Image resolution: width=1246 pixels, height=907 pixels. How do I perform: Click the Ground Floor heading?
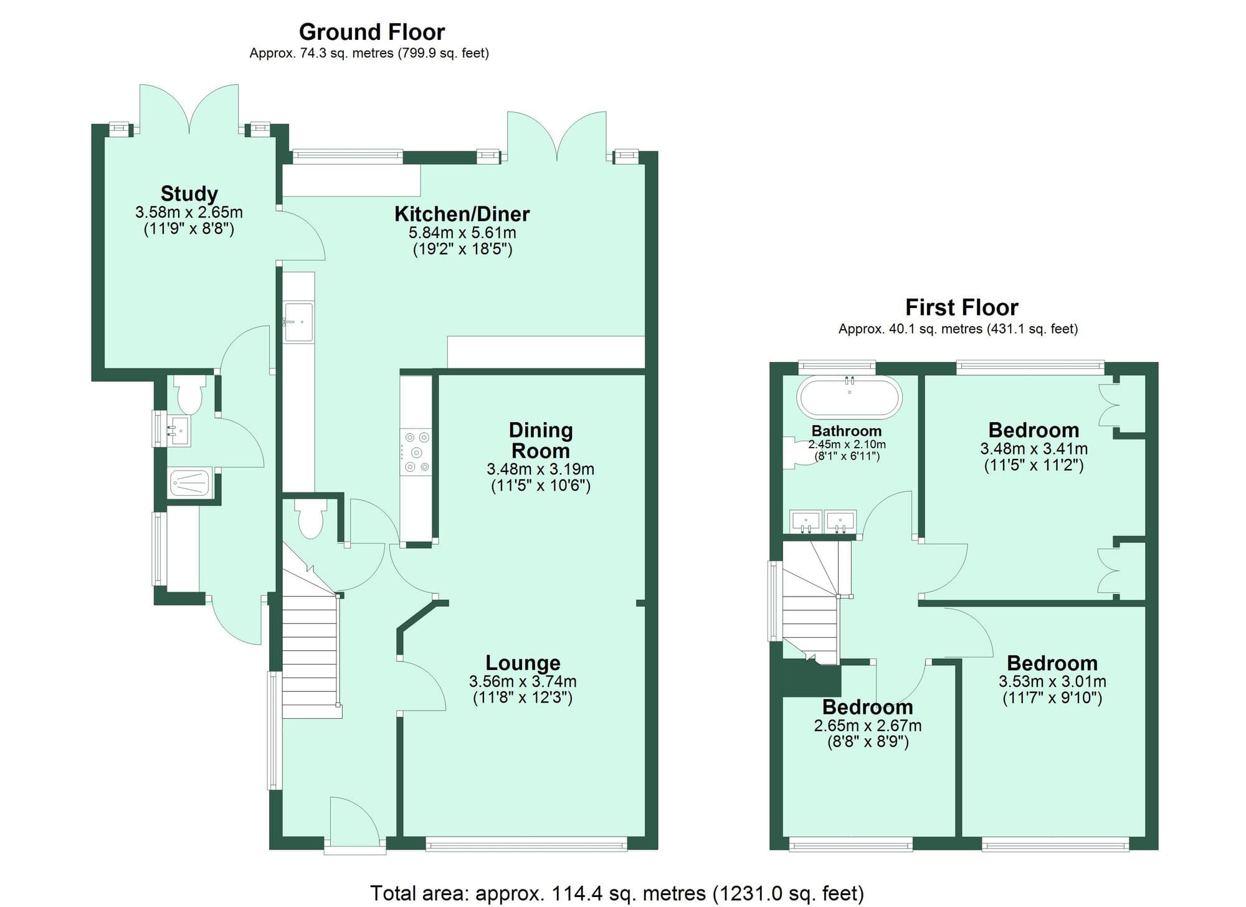[372, 32]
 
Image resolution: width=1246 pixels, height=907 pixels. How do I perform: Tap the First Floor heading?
[961, 307]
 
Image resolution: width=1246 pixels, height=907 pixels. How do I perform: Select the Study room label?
[189, 193]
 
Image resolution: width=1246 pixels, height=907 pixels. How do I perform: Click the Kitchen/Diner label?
[462, 214]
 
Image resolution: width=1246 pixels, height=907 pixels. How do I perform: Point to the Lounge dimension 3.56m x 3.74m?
[523, 681]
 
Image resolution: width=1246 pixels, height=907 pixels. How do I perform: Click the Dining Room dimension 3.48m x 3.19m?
[540, 469]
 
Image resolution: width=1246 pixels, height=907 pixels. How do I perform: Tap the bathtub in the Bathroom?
[850, 397]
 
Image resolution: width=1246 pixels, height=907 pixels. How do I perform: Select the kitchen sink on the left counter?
[299, 322]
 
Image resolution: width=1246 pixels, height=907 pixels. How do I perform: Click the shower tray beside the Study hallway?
[190, 482]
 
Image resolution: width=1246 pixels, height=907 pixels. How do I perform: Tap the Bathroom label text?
[846, 431]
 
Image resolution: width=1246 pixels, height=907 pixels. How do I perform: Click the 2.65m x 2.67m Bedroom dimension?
[867, 726]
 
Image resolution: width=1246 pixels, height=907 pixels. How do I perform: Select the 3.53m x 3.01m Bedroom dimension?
[1052, 681]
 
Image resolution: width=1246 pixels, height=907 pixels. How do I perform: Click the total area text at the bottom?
[617, 893]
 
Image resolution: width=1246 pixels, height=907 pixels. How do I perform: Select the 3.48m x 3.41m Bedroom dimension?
[1034, 448]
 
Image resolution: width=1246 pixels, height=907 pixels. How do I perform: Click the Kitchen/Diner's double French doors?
[556, 137]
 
